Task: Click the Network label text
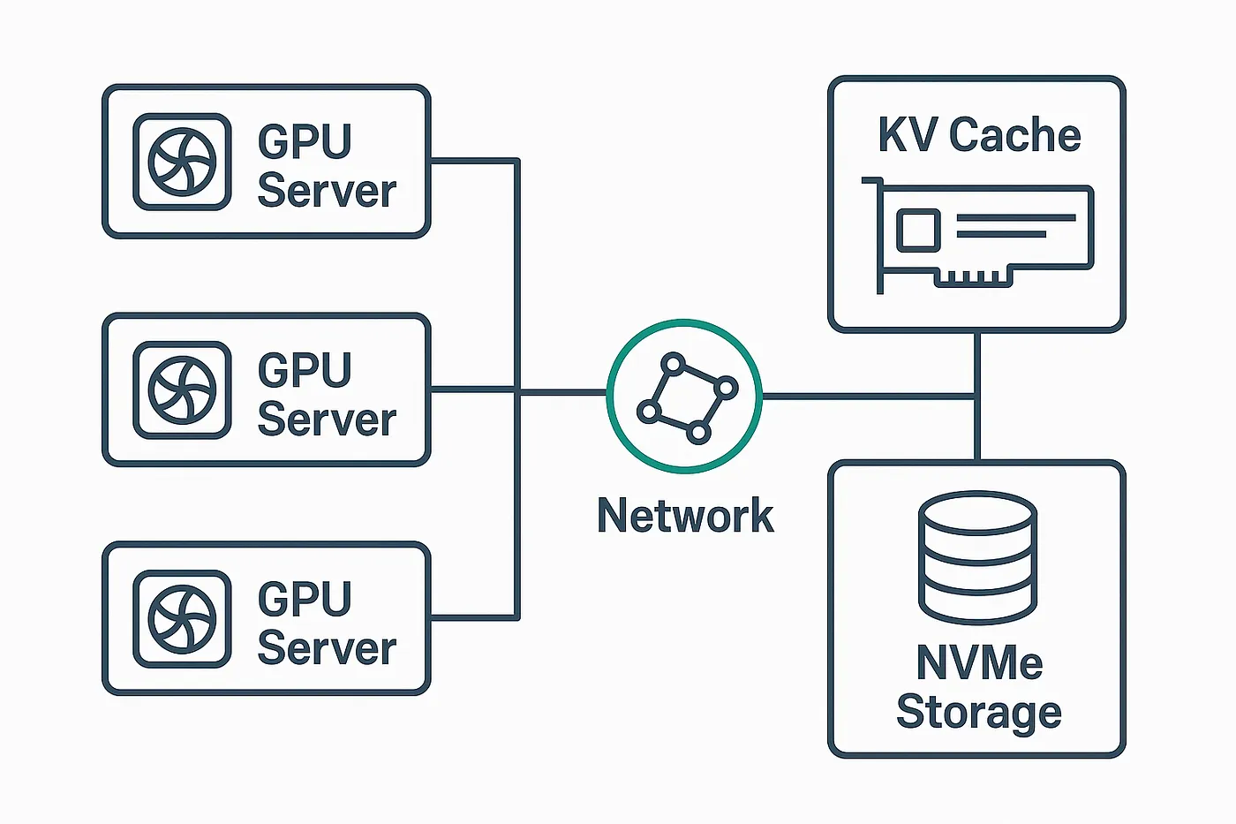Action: [x=685, y=516]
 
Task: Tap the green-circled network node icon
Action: [x=685, y=397]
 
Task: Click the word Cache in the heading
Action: [x=1014, y=136]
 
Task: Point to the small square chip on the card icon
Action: [x=918, y=230]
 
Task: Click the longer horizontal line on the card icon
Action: [x=1015, y=217]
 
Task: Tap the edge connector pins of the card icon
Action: [x=972, y=278]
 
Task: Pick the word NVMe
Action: [x=979, y=662]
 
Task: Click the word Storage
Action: [x=978, y=712]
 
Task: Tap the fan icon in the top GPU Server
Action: [x=182, y=162]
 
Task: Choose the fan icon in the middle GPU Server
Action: [x=182, y=389]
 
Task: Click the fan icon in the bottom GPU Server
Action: [x=182, y=618]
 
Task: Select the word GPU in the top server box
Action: [x=305, y=141]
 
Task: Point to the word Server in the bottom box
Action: [x=327, y=648]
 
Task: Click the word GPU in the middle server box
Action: [x=305, y=370]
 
